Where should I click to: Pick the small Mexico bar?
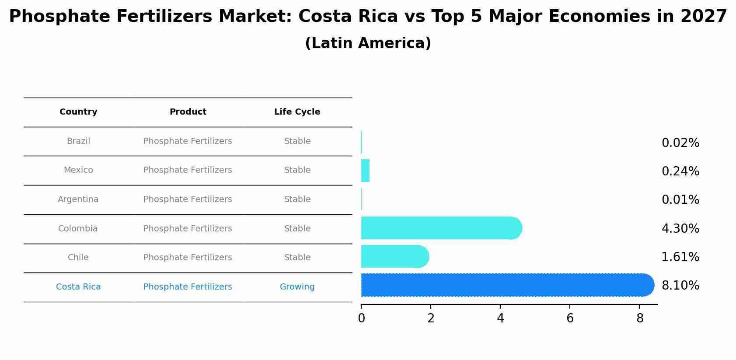[365, 171]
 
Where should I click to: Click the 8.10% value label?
[680, 286]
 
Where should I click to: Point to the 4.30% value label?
[680, 228]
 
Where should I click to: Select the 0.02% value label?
[680, 143]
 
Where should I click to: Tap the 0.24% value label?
[680, 171]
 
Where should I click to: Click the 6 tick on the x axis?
[570, 318]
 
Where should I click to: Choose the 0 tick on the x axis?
[361, 318]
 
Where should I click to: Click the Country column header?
[78, 112]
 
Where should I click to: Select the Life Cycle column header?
[297, 112]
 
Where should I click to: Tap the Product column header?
[188, 112]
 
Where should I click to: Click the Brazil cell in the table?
[78, 141]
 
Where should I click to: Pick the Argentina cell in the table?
[78, 199]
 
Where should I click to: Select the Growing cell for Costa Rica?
[297, 287]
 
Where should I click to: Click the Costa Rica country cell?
[78, 287]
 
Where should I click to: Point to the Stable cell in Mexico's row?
[297, 170]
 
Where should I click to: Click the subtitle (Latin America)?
[368, 43]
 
